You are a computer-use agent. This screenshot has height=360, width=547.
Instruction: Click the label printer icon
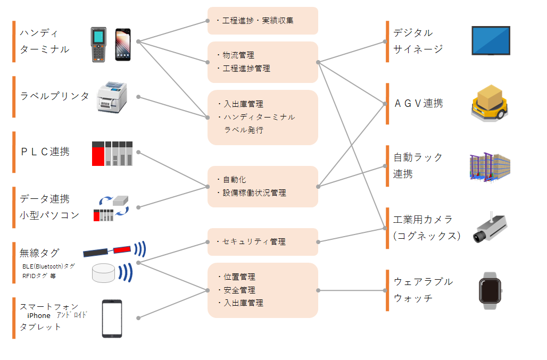[113, 97]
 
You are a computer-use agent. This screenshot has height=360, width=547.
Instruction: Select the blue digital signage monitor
[491, 41]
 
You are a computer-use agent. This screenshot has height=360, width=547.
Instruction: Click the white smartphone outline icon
[112, 319]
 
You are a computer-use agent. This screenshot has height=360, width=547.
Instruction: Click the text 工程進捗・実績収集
[258, 21]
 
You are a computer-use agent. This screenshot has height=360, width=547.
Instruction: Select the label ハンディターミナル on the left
[45, 41]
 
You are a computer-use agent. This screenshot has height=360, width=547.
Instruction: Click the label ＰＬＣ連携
[45, 152]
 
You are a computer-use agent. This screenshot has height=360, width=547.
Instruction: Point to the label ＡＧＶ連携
[418, 104]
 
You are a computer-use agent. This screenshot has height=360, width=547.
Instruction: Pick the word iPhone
[39, 316]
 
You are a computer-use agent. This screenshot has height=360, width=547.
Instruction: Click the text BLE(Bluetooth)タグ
[48, 266]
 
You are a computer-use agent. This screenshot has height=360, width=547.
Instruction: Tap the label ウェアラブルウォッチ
[422, 290]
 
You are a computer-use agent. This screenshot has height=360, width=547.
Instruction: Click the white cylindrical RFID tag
[104, 272]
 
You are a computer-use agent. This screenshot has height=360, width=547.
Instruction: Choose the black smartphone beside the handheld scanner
[123, 44]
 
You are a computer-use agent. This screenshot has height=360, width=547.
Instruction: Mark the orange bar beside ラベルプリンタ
[14, 96]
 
